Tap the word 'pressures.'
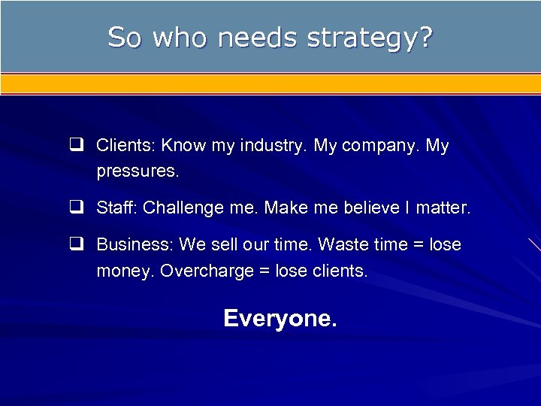[x=138, y=171]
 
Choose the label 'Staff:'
[x=117, y=208]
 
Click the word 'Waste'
[x=346, y=245]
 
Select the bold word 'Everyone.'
[x=280, y=319]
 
